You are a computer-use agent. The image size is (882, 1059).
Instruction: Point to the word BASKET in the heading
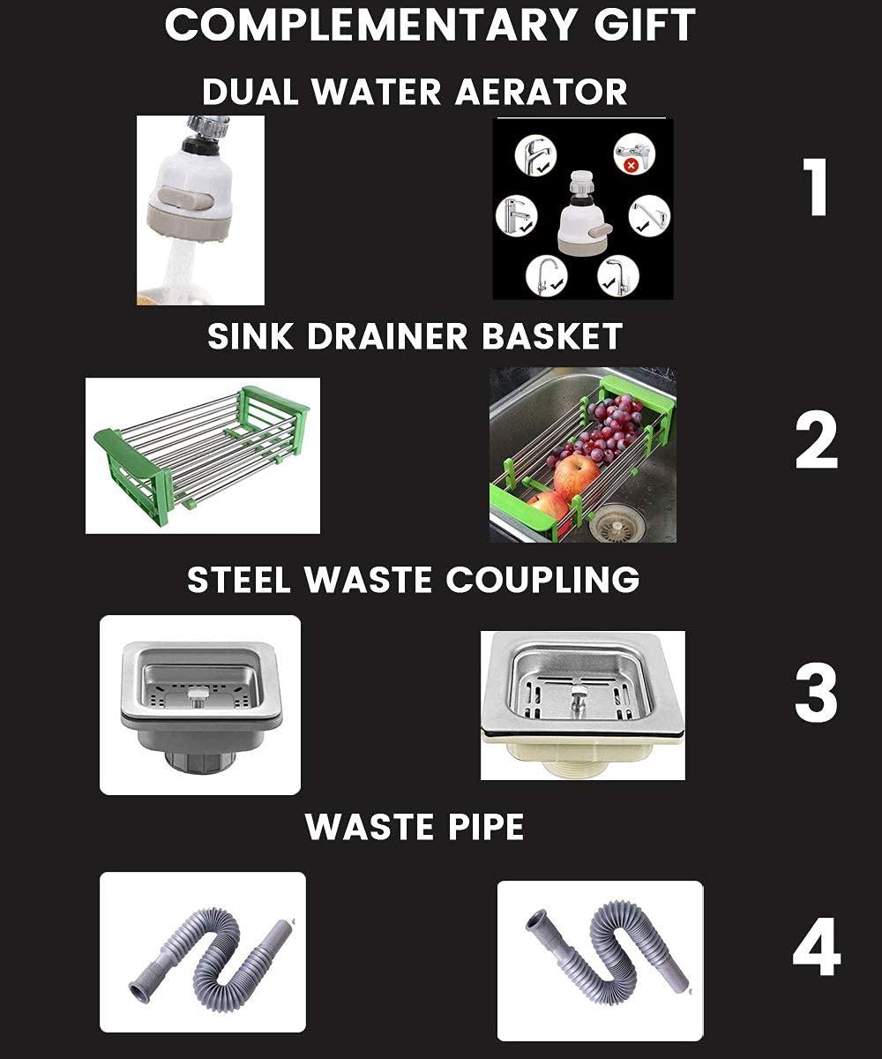pyautogui.click(x=552, y=336)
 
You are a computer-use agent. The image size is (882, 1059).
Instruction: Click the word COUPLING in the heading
pyautogui.click(x=542, y=580)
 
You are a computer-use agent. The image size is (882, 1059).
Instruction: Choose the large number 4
pyautogui.click(x=816, y=950)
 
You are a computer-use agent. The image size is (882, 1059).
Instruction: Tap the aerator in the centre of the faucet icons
pyautogui.click(x=581, y=213)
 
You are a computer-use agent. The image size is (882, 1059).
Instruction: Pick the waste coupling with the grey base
pyautogui.click(x=200, y=704)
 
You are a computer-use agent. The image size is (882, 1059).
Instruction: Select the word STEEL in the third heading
pyautogui.click(x=241, y=580)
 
